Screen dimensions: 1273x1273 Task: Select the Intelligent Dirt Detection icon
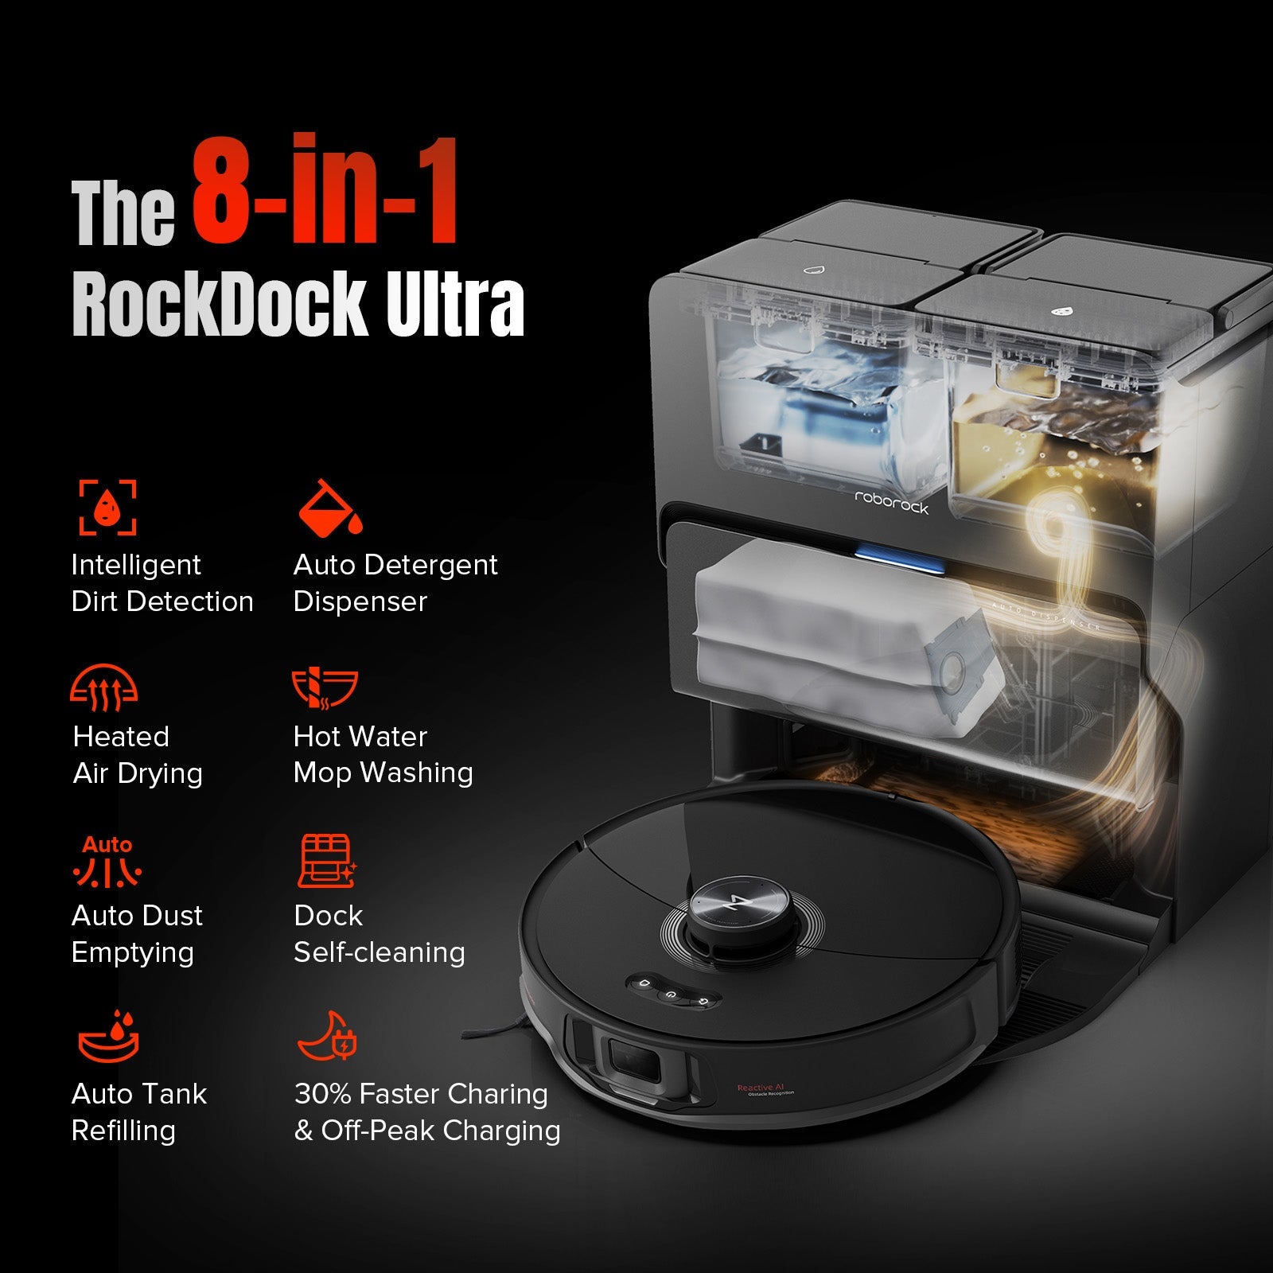coord(107,507)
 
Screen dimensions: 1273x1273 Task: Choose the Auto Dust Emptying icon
coord(107,861)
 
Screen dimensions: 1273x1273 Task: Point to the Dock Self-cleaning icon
coord(326,861)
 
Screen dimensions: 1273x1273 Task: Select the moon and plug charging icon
coord(327,1037)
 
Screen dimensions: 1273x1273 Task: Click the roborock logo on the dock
coord(891,502)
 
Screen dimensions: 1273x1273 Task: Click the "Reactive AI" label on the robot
coord(761,1088)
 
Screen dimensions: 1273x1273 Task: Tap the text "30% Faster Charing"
coord(421,1094)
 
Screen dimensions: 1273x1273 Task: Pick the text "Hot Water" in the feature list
coord(360,737)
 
